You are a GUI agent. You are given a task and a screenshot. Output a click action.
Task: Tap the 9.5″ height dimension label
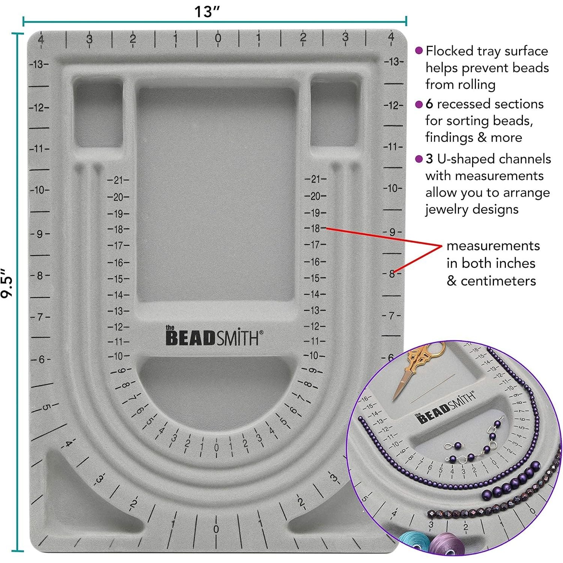click(x=8, y=283)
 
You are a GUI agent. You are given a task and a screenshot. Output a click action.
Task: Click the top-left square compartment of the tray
click(x=98, y=113)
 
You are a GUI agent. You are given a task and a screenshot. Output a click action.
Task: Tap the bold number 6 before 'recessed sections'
click(x=429, y=104)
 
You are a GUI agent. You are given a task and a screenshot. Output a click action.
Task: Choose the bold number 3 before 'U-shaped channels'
click(x=429, y=159)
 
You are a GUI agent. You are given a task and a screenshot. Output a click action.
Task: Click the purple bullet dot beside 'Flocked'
click(x=419, y=51)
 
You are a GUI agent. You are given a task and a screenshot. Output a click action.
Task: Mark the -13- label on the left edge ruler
click(x=39, y=65)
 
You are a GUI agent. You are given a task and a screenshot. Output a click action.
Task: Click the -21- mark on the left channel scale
click(x=118, y=180)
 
